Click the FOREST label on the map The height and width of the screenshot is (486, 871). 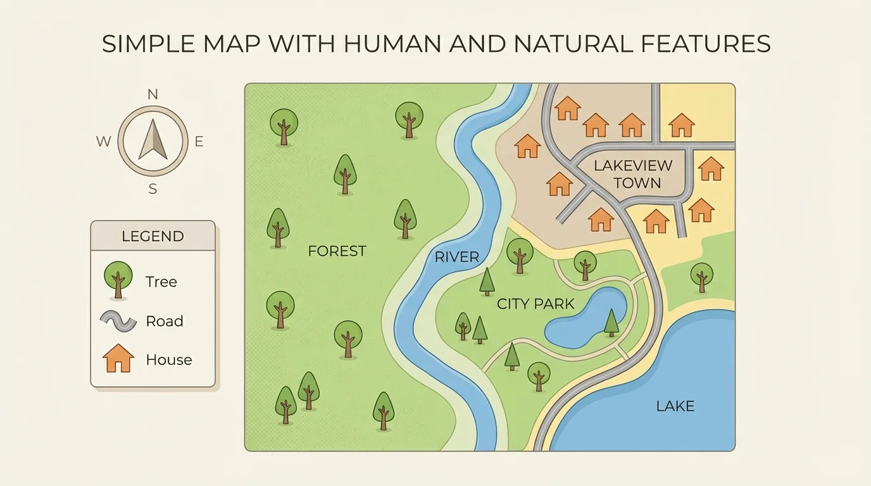[337, 251]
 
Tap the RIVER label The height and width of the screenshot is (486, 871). [456, 257]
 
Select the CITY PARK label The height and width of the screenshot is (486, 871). [536, 304]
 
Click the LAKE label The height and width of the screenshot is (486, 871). [675, 406]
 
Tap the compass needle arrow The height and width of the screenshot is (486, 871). [153, 140]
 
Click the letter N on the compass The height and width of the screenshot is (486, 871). [153, 95]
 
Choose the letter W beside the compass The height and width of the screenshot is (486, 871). [103, 142]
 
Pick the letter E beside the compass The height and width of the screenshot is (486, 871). [199, 142]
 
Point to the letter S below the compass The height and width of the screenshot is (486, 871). [153, 189]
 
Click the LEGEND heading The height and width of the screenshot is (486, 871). [153, 237]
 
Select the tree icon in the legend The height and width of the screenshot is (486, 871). [118, 279]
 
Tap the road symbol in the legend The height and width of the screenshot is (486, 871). [118, 321]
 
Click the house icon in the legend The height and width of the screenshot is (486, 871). [118, 358]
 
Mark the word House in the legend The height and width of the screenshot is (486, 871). [168, 360]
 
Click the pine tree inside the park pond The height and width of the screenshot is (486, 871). [611, 322]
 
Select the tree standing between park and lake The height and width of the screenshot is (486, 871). [701, 277]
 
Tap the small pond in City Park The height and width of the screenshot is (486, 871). [582, 319]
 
